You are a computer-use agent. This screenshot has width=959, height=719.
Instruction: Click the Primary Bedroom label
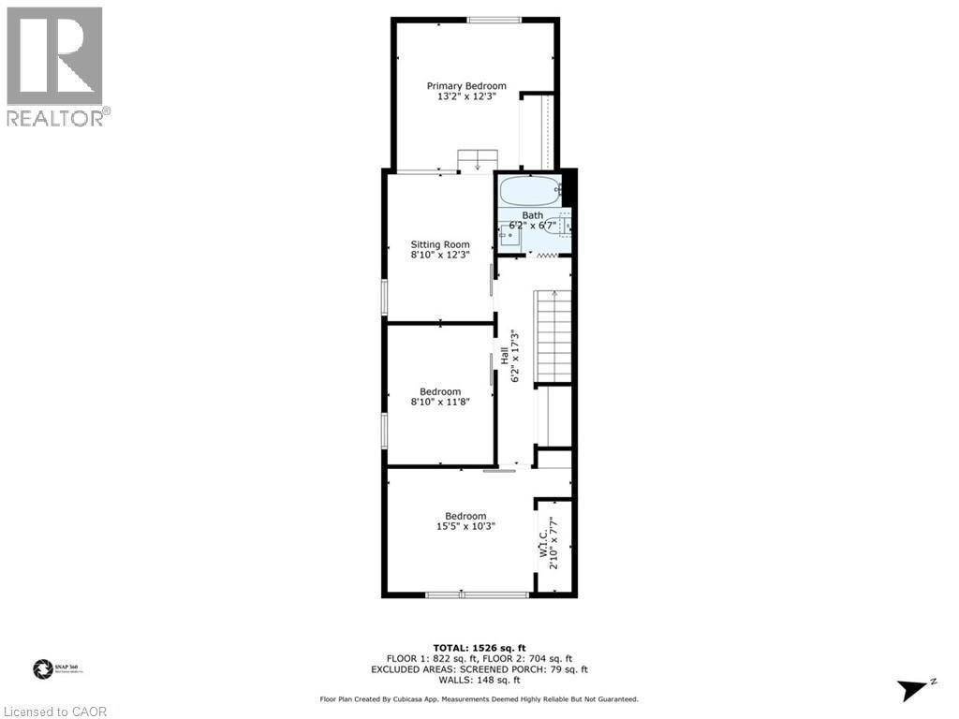click(x=466, y=86)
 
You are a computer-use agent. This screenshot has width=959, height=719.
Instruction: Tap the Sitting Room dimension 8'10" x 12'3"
click(x=440, y=254)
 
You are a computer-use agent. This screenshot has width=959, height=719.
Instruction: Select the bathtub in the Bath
click(x=529, y=192)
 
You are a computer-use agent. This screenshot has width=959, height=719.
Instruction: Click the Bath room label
click(x=532, y=215)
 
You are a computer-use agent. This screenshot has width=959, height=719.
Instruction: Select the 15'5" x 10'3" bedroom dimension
click(x=465, y=526)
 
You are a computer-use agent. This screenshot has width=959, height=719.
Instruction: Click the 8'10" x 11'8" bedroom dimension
click(x=440, y=402)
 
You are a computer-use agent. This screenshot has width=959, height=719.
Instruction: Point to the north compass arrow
click(x=913, y=690)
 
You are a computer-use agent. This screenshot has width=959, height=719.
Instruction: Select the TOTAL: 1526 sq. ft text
click(x=479, y=648)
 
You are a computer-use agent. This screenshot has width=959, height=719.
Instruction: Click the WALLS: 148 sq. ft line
click(x=479, y=680)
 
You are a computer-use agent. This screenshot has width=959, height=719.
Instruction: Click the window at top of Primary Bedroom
click(x=494, y=20)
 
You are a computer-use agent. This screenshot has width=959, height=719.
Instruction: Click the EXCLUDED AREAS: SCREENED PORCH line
click(x=479, y=669)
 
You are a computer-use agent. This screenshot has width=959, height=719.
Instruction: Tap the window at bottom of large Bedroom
click(x=477, y=594)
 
